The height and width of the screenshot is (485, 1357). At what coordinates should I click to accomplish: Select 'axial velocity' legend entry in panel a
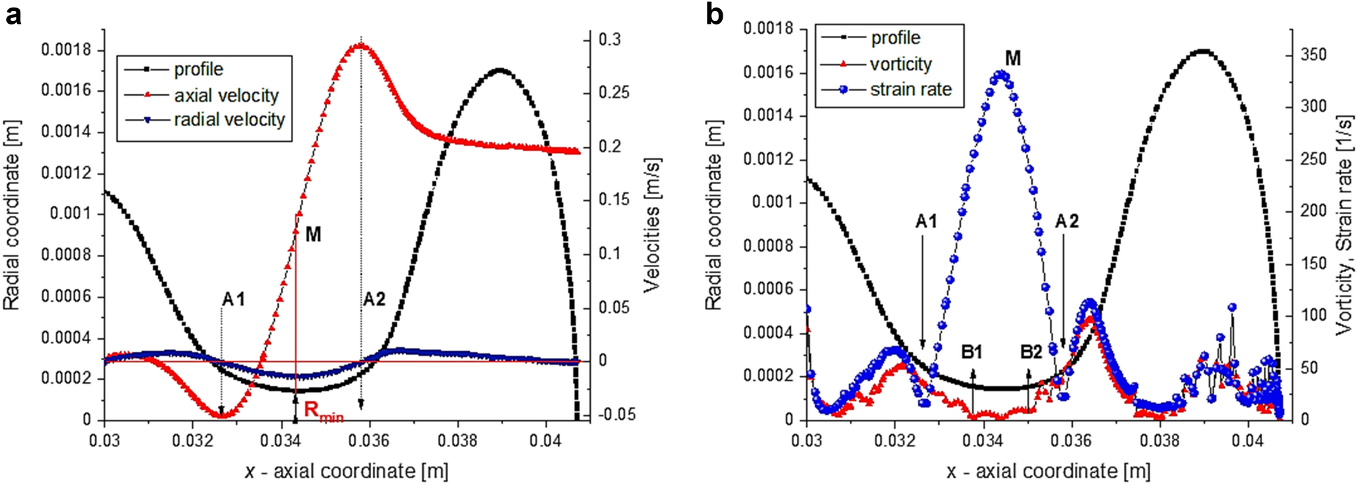(x=226, y=96)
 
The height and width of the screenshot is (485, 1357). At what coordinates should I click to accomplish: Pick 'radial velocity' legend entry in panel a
(x=229, y=120)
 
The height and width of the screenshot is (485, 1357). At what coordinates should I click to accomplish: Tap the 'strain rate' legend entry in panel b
(x=910, y=90)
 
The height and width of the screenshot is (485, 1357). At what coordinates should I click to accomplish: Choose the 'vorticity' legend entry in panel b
(x=900, y=65)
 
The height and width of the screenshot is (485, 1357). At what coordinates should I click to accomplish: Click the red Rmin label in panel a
(x=322, y=411)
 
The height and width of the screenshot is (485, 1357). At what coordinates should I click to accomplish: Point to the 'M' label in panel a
(x=313, y=235)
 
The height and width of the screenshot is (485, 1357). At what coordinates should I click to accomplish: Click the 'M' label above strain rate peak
(x=1012, y=58)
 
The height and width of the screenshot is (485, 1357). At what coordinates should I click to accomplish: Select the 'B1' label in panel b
(x=972, y=352)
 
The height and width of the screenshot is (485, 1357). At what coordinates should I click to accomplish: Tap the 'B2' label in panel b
(x=1031, y=352)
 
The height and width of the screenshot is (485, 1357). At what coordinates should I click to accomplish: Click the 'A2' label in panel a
(x=374, y=300)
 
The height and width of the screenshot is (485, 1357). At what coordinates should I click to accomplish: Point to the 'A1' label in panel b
(x=926, y=221)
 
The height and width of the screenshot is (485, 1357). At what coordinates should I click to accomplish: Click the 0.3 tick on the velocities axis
(x=609, y=40)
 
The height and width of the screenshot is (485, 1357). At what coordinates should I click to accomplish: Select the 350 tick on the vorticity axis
(x=1313, y=54)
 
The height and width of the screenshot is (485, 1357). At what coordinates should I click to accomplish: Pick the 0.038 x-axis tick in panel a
(x=458, y=441)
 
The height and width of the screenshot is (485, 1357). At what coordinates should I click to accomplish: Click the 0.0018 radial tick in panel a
(x=65, y=50)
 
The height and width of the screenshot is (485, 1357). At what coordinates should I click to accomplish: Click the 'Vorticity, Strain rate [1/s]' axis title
(x=1343, y=224)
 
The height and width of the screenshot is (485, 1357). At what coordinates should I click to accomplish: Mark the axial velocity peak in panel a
(x=360, y=46)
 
